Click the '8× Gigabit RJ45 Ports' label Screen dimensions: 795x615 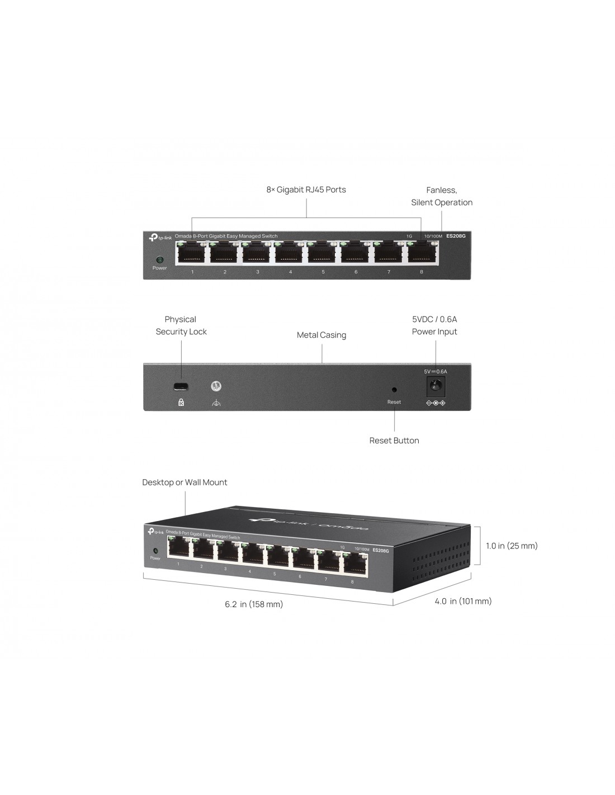coord(306,190)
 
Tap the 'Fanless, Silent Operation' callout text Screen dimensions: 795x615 coord(442,196)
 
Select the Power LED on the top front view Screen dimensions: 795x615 coord(159,260)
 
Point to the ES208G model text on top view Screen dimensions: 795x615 coord(456,236)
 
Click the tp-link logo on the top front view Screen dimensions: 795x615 coord(160,238)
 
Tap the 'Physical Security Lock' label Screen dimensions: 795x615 coord(181,325)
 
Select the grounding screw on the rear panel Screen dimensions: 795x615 coord(216,386)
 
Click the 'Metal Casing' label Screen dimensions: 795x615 coord(321,335)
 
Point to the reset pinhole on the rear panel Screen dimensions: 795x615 coord(394,390)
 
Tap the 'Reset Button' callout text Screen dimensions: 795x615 coord(394,441)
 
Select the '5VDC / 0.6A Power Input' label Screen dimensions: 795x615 coord(434,325)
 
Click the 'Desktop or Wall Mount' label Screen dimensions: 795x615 coord(184,482)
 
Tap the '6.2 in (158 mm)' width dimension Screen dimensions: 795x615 coord(254,604)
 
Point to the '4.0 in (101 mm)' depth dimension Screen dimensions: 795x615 coord(463,601)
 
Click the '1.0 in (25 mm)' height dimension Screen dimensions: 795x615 coord(512,546)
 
